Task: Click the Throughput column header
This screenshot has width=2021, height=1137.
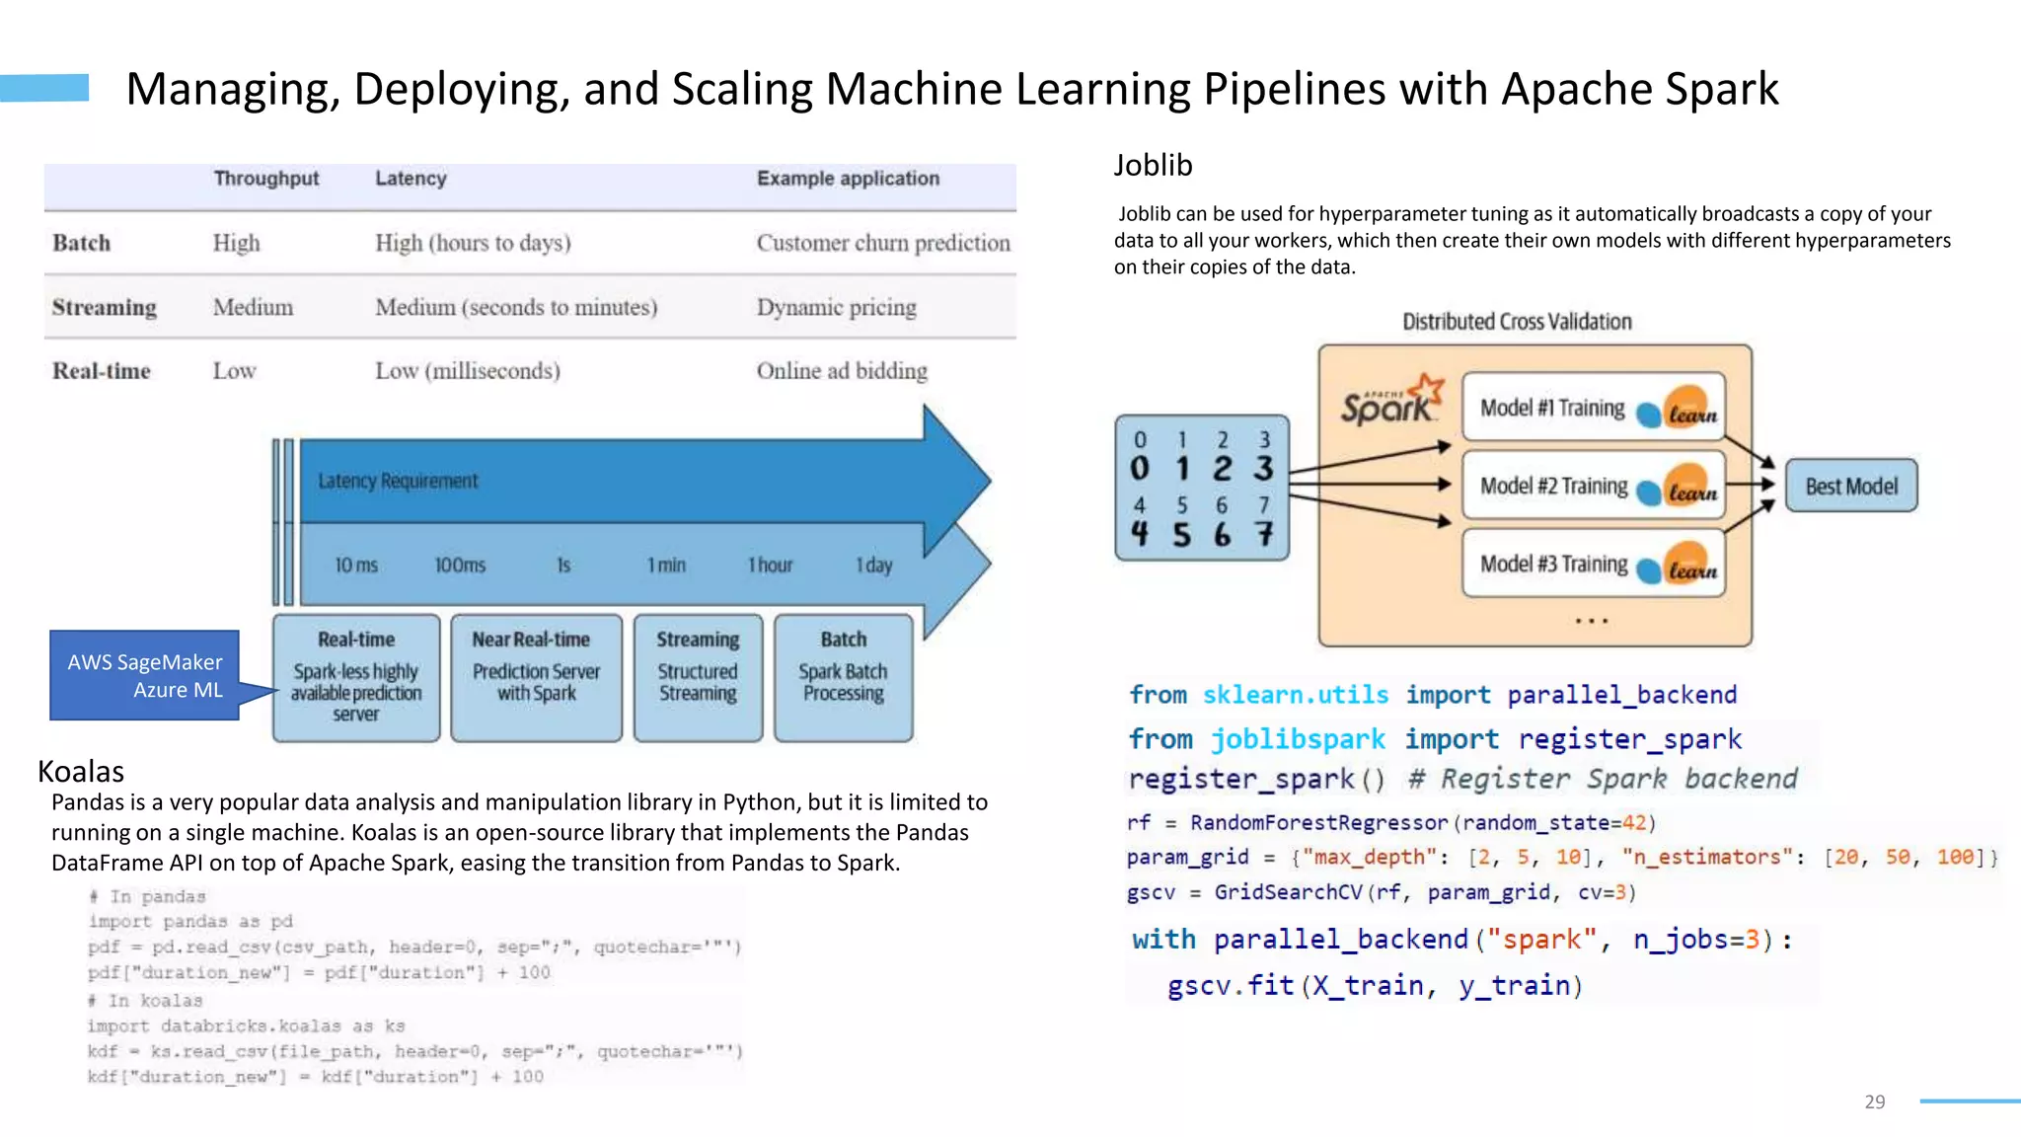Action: pos(266,179)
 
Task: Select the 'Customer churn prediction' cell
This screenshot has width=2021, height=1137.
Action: pos(883,243)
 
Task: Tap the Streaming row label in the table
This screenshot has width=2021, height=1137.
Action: pos(105,307)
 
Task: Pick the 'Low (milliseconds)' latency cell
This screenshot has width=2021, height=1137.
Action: pos(468,371)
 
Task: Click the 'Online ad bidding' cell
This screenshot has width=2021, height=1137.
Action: pos(842,371)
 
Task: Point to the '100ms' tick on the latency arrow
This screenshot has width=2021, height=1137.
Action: pos(460,566)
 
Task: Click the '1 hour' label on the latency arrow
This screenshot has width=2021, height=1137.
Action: pos(770,566)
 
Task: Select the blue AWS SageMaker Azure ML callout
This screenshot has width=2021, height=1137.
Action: pos(145,675)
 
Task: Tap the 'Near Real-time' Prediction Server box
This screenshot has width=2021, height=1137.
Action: pos(536,677)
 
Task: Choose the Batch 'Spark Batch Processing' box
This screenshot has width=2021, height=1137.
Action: pos(843,677)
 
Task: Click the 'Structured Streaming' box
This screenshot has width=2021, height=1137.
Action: pos(698,677)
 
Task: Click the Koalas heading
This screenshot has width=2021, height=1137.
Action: pos(81,771)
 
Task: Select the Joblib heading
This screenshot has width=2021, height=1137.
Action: pos(1153,165)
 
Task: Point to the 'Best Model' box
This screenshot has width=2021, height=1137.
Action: pos(1851,486)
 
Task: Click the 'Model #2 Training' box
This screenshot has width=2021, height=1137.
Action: pos(1593,486)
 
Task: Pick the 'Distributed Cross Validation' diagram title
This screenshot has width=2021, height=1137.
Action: pos(1517,322)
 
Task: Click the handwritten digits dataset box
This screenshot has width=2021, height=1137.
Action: pos(1202,488)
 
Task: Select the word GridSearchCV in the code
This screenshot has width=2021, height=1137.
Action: pos(1288,892)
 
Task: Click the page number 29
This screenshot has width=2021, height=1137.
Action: pos(1875,1101)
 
